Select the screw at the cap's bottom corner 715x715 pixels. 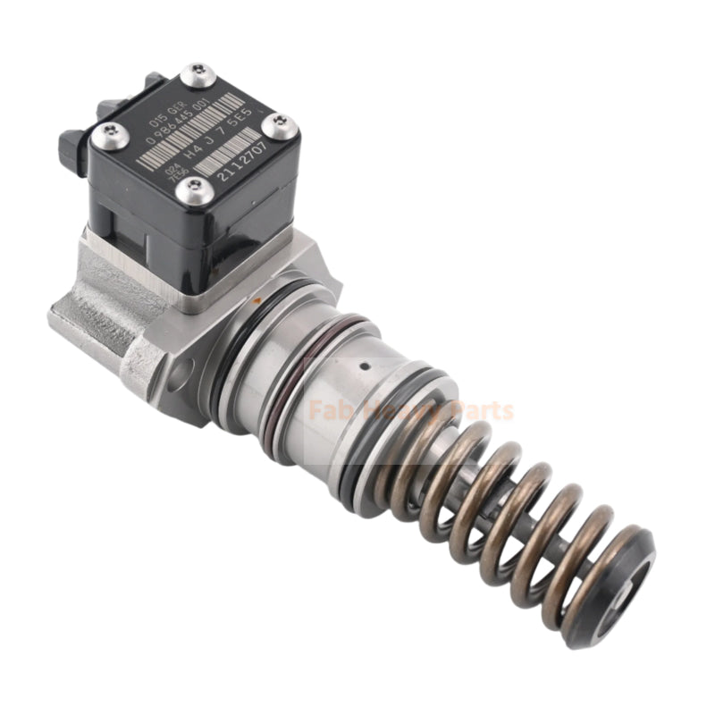[194, 189]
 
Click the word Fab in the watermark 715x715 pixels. [327, 411]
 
